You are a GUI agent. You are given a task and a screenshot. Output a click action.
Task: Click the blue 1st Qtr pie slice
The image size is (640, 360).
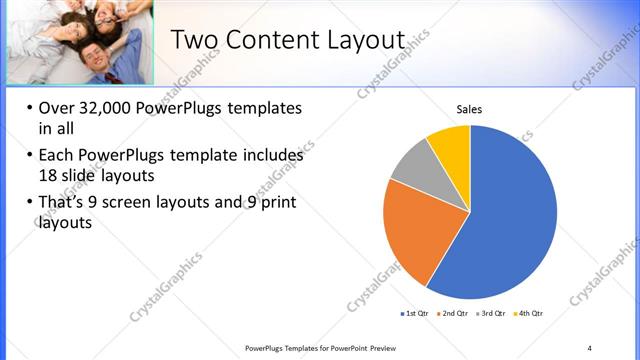point(510,220)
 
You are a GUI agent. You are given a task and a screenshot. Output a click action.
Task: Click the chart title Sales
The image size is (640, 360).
point(470,108)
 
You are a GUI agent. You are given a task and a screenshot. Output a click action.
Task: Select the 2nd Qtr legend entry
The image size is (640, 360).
point(453,314)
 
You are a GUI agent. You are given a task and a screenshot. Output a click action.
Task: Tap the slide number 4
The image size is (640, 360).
point(589,347)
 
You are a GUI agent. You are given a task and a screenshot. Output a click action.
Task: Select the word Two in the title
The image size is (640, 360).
point(192,40)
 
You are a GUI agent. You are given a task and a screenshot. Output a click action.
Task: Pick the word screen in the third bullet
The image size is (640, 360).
point(149,203)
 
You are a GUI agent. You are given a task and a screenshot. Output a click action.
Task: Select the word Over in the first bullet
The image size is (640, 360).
point(55,109)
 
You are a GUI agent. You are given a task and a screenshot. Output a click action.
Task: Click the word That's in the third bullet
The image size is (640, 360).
point(64,203)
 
